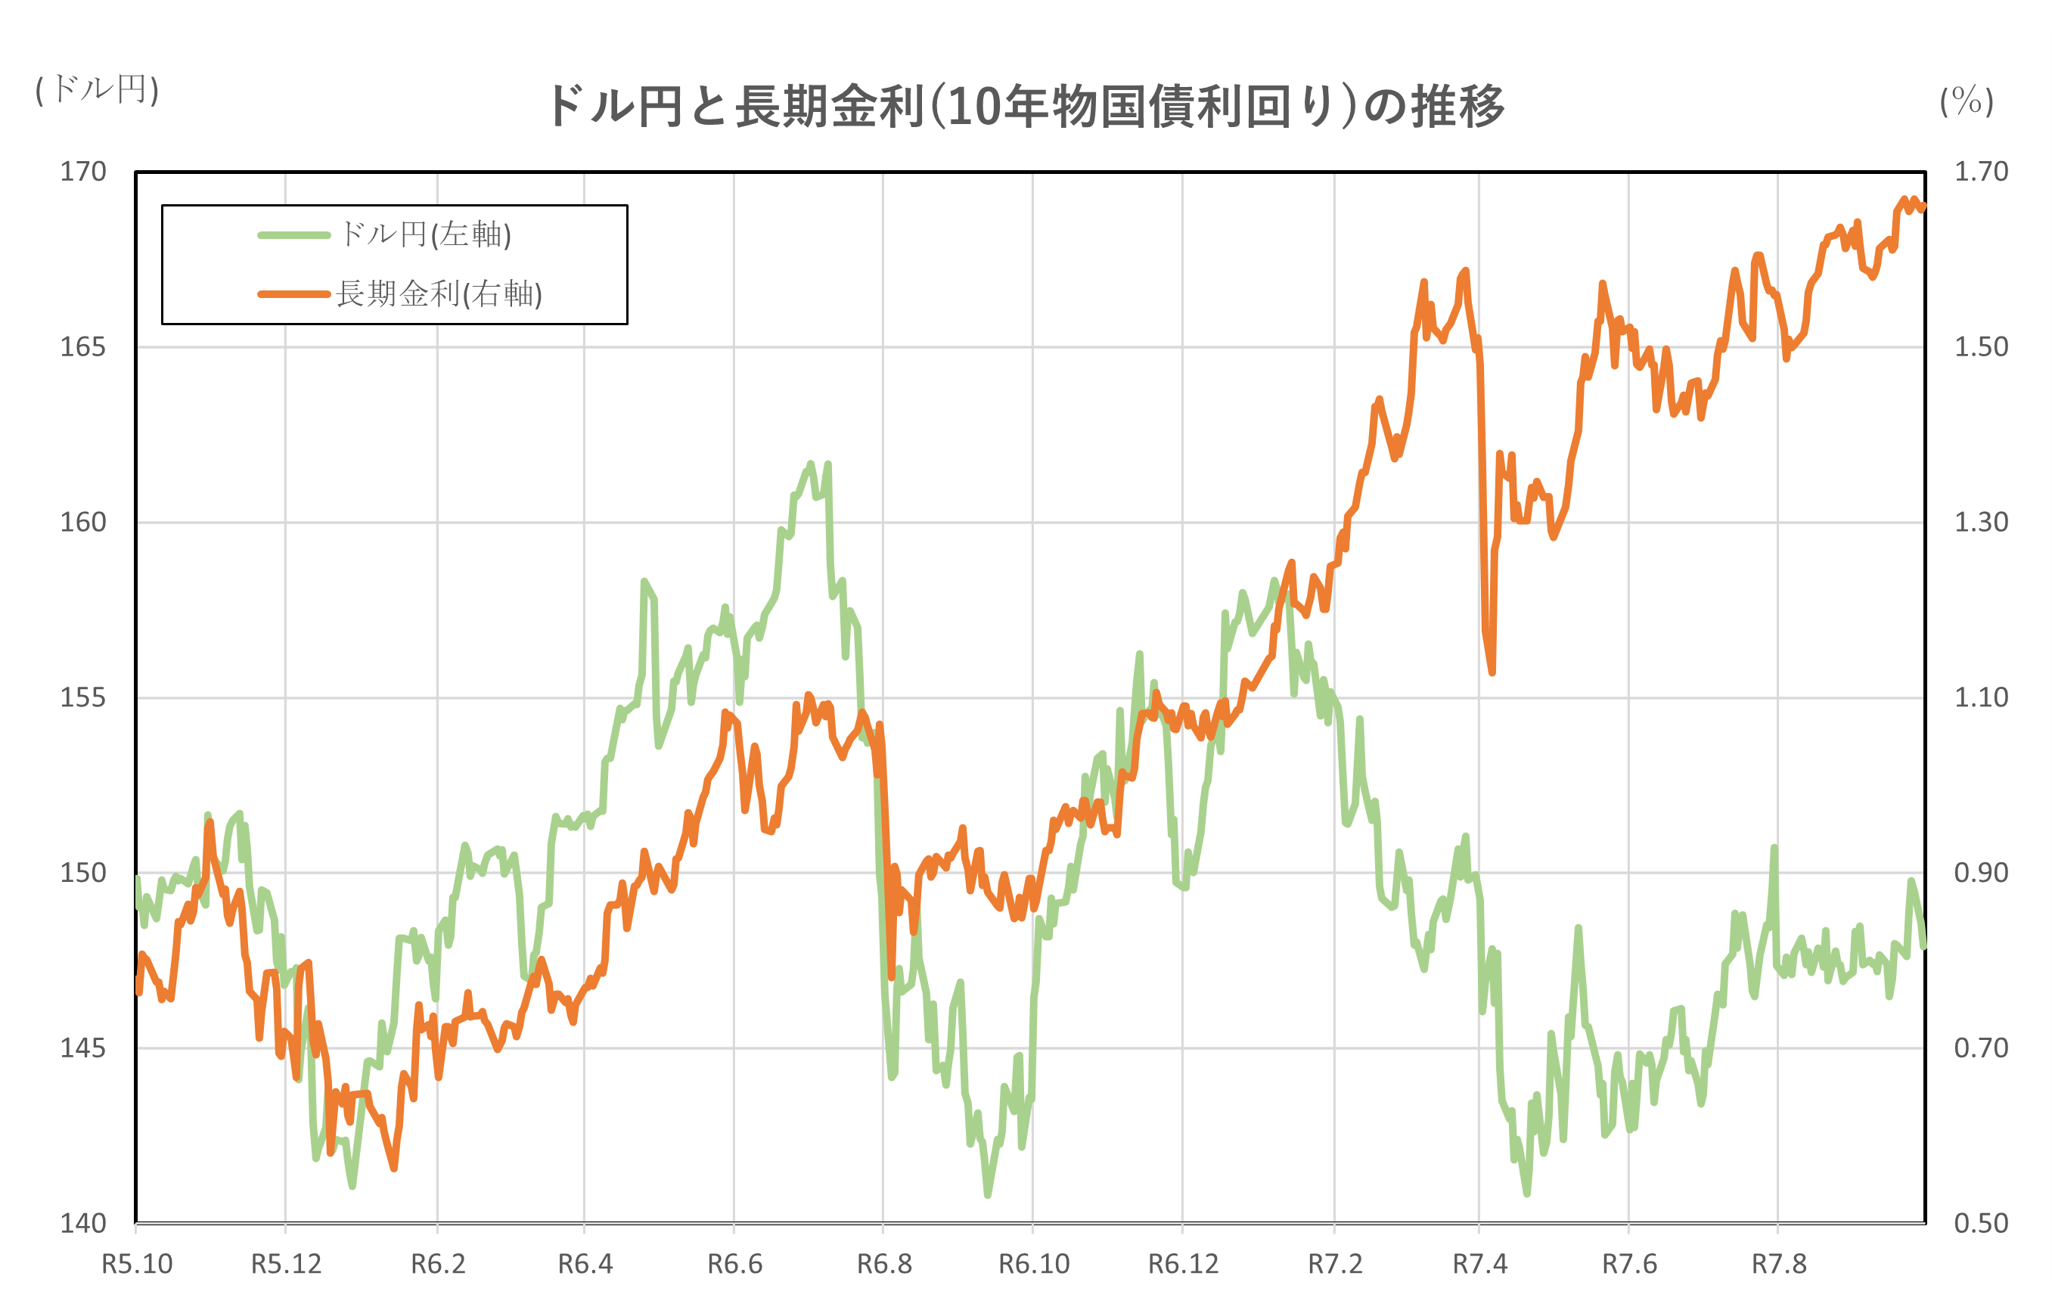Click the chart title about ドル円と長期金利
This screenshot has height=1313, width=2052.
pos(1026,108)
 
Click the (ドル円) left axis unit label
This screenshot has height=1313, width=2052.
pos(97,88)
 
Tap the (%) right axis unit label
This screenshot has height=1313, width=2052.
pos(1966,101)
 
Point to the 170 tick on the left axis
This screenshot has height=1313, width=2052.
pos(82,172)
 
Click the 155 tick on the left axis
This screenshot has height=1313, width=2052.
pos(82,698)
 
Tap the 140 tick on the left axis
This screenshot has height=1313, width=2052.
pos(82,1224)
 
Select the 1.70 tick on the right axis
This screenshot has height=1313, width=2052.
pos(1980,172)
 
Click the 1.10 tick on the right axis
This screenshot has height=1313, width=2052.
pos(1980,698)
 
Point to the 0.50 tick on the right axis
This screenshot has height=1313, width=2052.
pos(1980,1224)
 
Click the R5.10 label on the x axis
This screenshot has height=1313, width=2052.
pos(136,1264)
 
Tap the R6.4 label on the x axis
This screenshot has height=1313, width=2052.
pos(585,1264)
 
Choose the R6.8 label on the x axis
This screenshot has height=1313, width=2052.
pos(884,1264)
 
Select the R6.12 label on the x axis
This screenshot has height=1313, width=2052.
pos(1183,1264)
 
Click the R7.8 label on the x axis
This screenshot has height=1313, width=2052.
pos(1779,1264)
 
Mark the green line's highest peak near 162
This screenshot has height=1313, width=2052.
pos(811,464)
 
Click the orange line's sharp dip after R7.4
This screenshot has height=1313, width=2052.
pos(1492,672)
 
